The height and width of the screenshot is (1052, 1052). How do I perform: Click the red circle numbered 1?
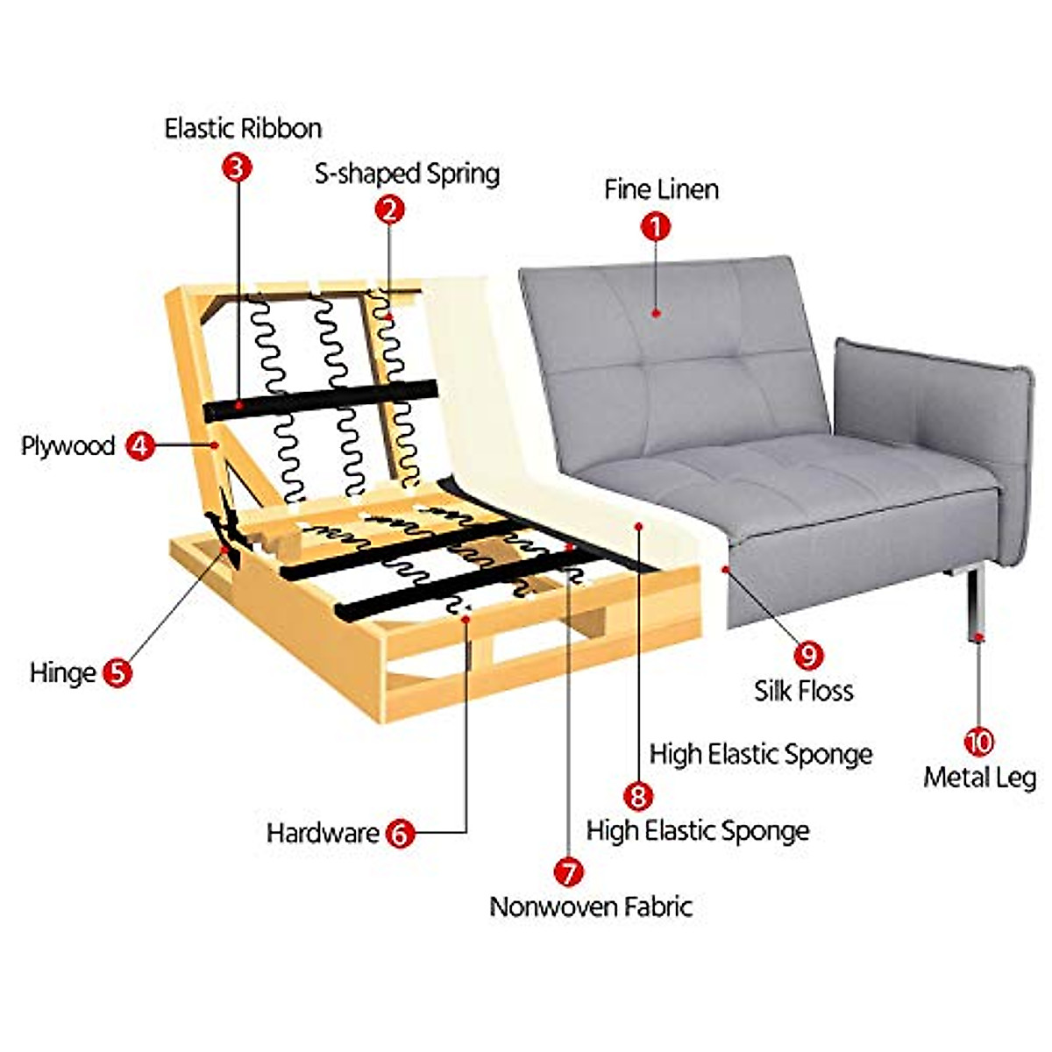(x=656, y=228)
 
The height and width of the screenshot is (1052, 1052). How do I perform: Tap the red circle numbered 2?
(x=389, y=210)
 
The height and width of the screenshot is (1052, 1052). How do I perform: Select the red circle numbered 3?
(x=237, y=167)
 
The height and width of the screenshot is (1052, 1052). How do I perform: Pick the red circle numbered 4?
(x=140, y=445)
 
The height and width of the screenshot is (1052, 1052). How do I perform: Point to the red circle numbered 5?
(x=117, y=672)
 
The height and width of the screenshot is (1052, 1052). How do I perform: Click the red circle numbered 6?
(x=400, y=833)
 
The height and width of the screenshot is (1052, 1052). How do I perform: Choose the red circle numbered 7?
(x=568, y=871)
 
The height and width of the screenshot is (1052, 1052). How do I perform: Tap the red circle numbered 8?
(x=637, y=796)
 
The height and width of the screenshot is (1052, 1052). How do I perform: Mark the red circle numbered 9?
(x=808, y=655)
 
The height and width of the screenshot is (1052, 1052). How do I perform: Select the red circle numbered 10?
(x=978, y=743)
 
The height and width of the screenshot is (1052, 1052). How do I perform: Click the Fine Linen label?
(x=661, y=189)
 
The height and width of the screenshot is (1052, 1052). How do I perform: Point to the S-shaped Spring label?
(x=407, y=174)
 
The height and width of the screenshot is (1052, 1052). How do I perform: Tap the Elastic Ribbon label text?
(x=243, y=129)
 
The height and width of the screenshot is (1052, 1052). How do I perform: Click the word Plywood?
(x=68, y=445)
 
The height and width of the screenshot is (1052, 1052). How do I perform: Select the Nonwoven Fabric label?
(x=591, y=906)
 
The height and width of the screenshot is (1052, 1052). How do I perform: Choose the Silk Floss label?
(x=803, y=691)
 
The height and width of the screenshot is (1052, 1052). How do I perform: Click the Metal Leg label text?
(x=979, y=778)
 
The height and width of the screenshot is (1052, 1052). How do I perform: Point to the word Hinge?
(x=62, y=673)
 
